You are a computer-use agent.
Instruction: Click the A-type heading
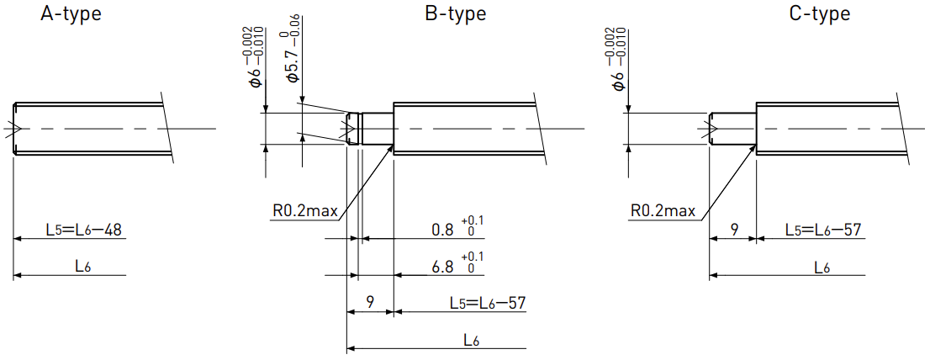71,13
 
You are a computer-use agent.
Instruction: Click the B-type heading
456,13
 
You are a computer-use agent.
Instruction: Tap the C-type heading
820,13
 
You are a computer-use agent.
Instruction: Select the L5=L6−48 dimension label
83,230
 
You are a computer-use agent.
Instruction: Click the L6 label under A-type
83,267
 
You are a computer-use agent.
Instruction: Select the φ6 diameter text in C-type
617,57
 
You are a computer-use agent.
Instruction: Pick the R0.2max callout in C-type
663,210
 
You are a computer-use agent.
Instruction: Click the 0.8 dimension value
443,230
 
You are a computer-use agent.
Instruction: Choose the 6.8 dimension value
443,267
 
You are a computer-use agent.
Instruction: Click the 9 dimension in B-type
370,302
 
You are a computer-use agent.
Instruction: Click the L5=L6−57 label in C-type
823,230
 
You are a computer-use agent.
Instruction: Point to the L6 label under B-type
472,340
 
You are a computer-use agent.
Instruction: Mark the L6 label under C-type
822,267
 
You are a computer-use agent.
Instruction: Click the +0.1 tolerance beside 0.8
474,220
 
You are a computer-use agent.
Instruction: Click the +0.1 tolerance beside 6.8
474,257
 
